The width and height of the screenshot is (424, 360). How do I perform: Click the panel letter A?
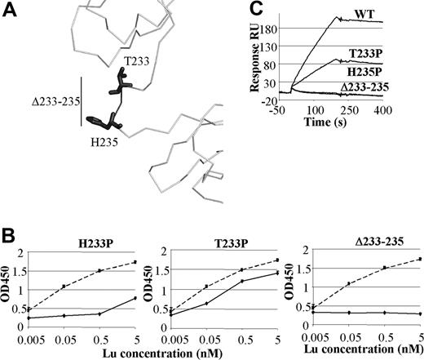click(x=11, y=11)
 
